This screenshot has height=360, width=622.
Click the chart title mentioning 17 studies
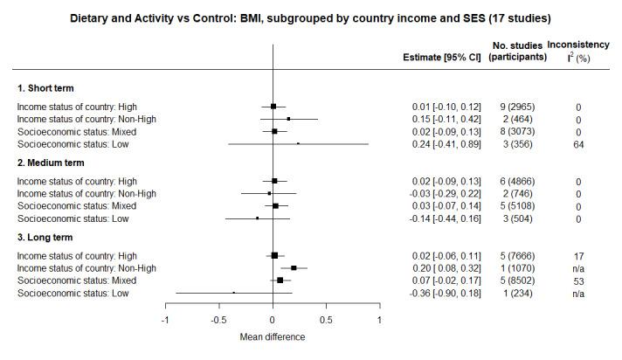coord(310,17)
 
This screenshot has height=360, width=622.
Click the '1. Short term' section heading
coord(46,88)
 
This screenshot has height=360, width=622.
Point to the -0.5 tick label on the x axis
coord(218,320)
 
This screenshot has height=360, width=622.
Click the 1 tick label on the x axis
coord(378,320)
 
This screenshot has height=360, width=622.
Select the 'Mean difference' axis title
coord(273,336)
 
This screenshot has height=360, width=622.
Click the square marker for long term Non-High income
coord(294,268)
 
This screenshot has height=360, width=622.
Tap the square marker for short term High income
coord(273,106)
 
